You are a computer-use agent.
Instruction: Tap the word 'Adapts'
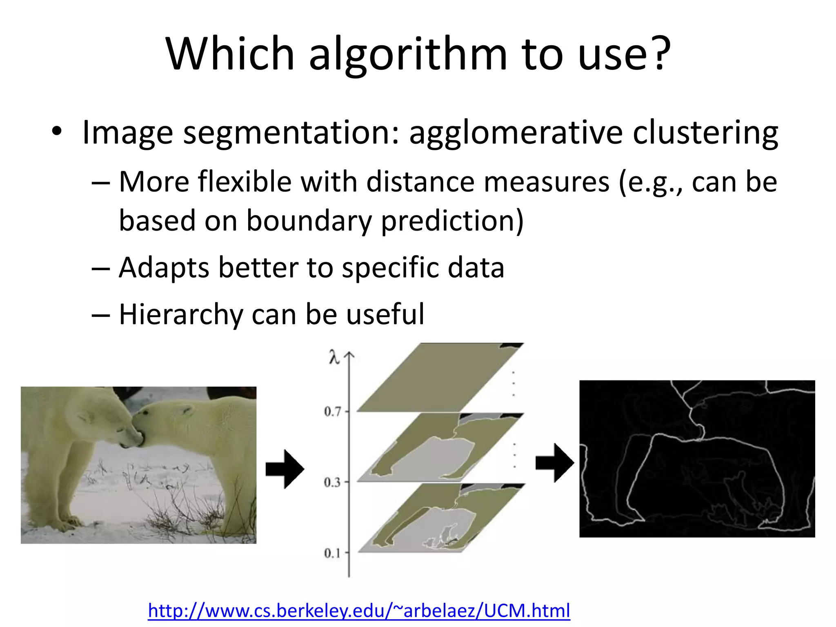coord(163,268)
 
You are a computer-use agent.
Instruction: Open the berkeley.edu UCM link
coord(359,611)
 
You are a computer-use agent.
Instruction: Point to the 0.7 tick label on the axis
coord(332,411)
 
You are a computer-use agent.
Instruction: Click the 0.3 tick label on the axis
coord(332,482)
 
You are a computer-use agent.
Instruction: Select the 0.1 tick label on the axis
coord(332,554)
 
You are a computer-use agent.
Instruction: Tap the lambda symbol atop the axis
coord(334,358)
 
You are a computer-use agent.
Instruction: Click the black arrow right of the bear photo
coord(285,469)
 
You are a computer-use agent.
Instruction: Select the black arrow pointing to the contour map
coord(555,463)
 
